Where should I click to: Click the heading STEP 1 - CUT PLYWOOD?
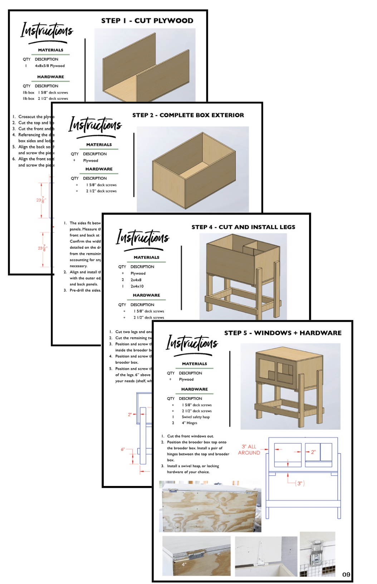147,21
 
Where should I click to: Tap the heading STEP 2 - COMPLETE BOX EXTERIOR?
188,115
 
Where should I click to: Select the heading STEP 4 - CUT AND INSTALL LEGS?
243,227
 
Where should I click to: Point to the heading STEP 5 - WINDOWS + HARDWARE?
283,333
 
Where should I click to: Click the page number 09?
346,575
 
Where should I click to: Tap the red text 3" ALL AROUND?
249,450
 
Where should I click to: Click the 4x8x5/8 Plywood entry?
50,66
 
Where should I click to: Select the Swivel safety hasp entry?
196,417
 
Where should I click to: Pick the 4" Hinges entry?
189,423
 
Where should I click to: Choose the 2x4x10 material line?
137,286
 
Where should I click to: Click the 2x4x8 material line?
136,280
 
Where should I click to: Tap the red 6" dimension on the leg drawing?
123,449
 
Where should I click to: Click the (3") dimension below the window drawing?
300,483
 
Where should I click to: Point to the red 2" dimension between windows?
313,452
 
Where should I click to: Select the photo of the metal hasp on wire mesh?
317,554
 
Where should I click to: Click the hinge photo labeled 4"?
196,556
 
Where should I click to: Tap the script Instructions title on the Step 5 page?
192,343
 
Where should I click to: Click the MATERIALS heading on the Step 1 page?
50,50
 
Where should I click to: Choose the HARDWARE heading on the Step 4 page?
146,295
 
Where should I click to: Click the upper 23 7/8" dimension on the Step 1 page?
41,200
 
